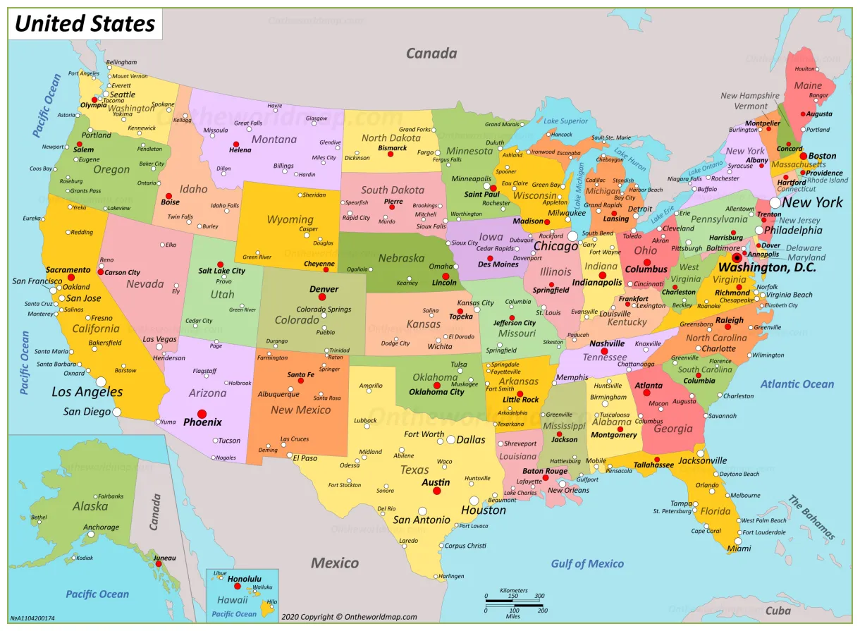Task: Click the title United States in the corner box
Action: pos(85,24)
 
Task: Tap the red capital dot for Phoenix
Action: pos(202,414)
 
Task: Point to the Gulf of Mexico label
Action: pos(587,563)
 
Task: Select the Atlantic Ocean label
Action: pos(797,384)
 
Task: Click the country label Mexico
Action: pos(335,563)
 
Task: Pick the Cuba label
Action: pos(778,611)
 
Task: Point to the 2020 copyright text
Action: pos(349,617)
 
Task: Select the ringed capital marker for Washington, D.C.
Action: pos(737,258)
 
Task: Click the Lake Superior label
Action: pos(565,121)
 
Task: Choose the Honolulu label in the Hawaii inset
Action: pos(245,579)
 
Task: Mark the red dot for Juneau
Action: pos(159,564)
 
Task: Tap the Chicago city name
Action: pos(555,247)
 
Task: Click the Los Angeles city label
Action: pos(87,392)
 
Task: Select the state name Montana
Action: pos(274,140)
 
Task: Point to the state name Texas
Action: pos(414,470)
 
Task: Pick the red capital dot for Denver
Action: pos(322,298)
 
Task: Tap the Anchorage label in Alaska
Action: pos(102,527)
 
